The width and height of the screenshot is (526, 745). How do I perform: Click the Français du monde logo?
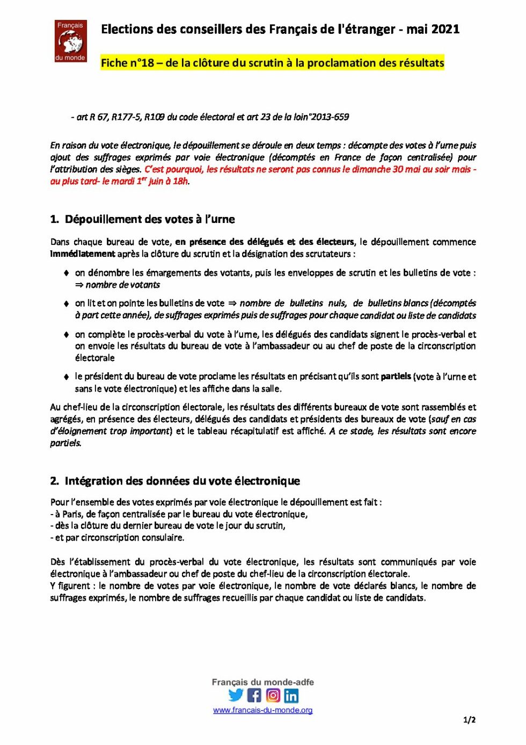[70, 41]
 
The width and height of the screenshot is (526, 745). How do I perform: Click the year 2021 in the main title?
[445, 30]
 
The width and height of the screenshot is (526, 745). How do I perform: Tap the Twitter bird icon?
[236, 695]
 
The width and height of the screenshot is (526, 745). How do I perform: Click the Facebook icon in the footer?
[254, 696]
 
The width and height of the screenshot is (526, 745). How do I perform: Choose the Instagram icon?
[273, 696]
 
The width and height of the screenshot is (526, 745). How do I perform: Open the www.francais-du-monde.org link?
[262, 710]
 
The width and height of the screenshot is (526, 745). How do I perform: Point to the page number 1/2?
[469, 720]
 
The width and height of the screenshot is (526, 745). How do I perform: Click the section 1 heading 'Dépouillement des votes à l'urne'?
[150, 219]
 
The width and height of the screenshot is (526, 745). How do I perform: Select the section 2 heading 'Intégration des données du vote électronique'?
[182, 481]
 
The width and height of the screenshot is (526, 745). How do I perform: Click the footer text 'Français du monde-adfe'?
[262, 682]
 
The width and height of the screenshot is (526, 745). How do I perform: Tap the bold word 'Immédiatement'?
[83, 254]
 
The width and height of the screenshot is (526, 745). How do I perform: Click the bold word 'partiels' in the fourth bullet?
[396, 376]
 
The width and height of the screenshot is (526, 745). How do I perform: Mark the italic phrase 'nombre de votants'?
[122, 285]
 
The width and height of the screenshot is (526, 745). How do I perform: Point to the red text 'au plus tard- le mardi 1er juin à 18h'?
[119, 181]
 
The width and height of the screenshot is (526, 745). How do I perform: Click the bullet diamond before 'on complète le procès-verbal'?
[66, 334]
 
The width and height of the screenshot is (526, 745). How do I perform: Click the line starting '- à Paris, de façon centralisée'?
[179, 514]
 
